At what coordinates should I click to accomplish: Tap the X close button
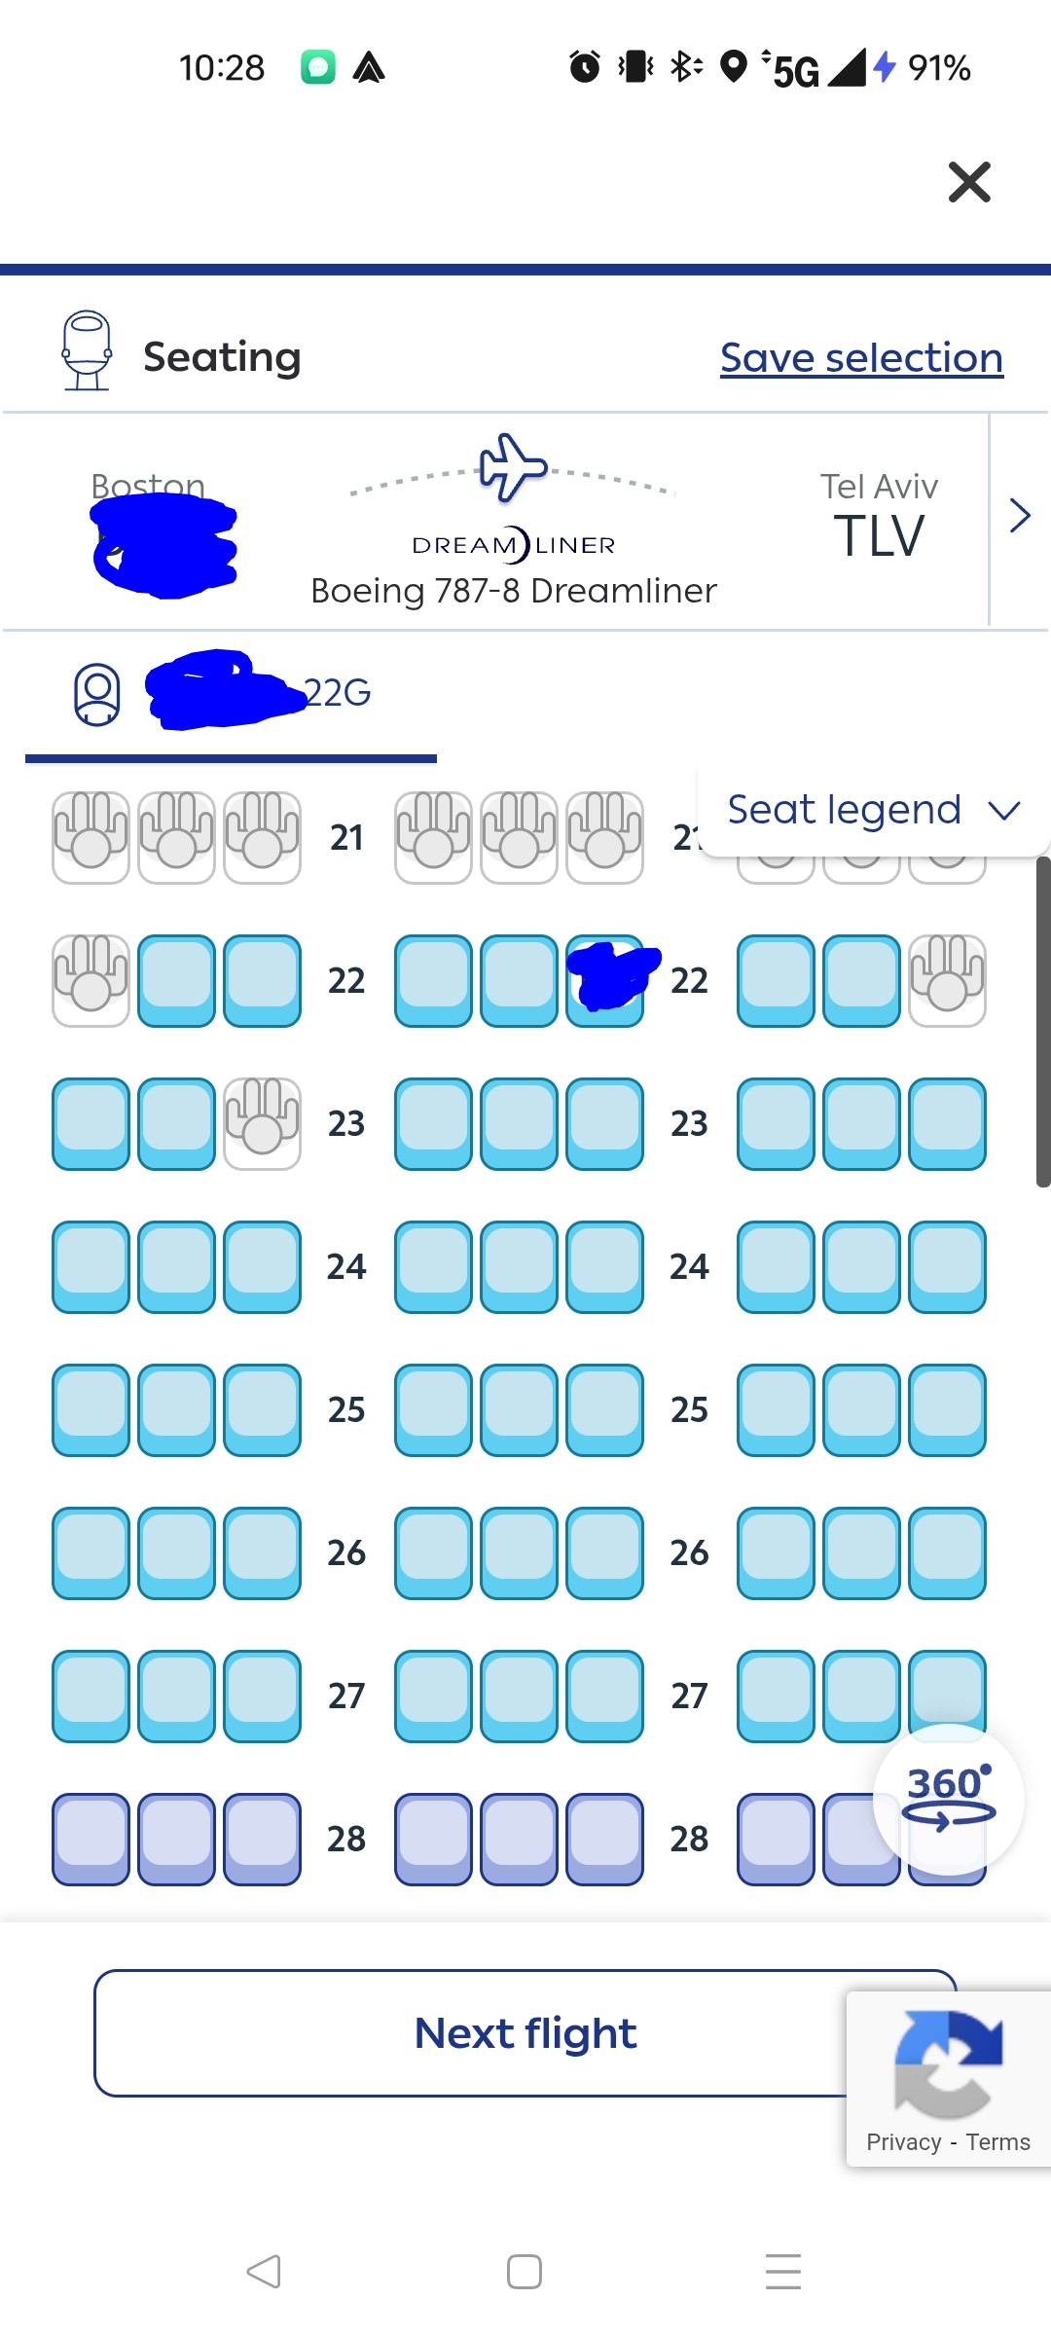click(969, 182)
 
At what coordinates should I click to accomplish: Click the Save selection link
click(861, 358)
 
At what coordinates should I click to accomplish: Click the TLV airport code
click(879, 536)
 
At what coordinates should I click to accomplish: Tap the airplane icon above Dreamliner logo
click(513, 467)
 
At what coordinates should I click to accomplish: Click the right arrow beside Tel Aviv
click(1019, 516)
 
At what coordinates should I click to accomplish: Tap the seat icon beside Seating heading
click(87, 350)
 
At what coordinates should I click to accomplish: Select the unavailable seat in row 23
click(262, 1123)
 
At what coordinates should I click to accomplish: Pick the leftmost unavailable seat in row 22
click(91, 980)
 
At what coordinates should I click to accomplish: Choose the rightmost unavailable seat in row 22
click(947, 980)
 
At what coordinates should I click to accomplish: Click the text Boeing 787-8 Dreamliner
click(513, 591)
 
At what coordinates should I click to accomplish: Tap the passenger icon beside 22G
click(97, 694)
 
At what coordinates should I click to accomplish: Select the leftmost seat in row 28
click(91, 1839)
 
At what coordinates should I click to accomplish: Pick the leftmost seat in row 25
click(91, 1409)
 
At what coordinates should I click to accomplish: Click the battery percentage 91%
click(938, 68)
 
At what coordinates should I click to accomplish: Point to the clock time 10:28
click(222, 68)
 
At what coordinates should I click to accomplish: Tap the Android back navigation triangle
click(264, 2272)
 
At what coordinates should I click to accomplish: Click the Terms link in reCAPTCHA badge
click(997, 2142)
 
